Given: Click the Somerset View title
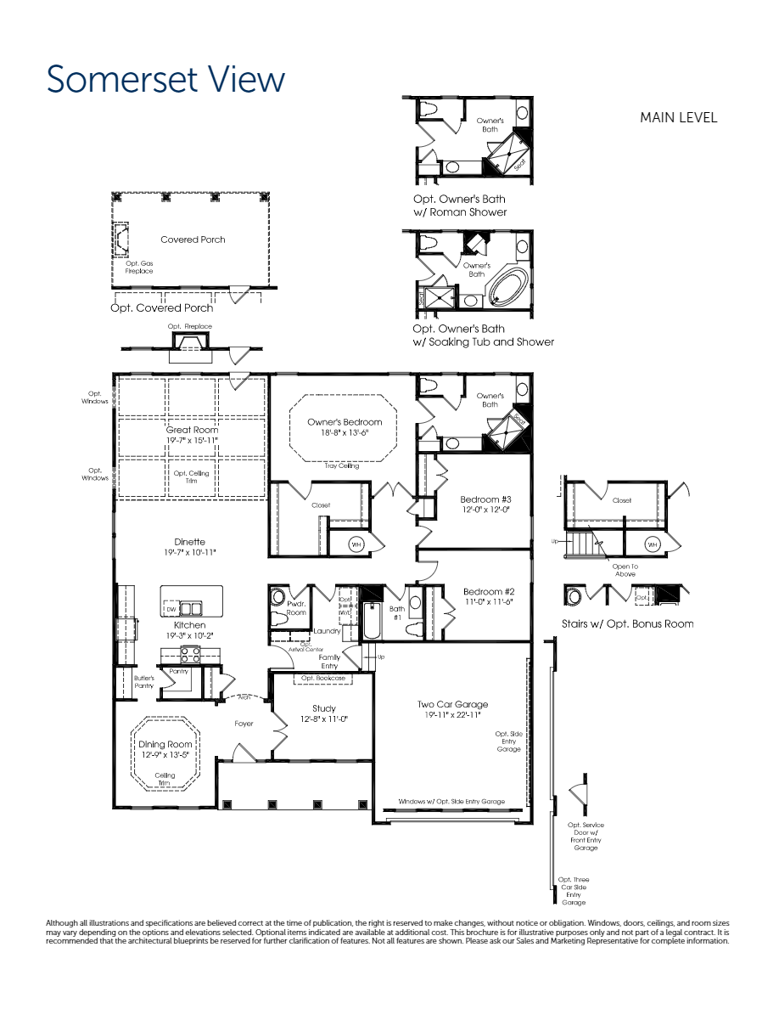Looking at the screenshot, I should click(165, 80).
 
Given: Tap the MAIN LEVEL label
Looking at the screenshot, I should click(678, 118).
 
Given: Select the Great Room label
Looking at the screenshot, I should click(192, 430).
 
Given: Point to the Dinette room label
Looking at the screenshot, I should click(190, 542).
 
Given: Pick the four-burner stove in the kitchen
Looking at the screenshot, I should click(189, 654).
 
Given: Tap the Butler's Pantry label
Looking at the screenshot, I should click(143, 682).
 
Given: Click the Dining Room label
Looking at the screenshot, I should click(165, 744).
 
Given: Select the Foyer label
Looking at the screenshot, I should click(244, 724).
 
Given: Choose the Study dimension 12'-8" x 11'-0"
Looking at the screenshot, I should click(323, 719).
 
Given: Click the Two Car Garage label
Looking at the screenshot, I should click(452, 704).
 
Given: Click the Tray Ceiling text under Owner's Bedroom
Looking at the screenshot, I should click(342, 465).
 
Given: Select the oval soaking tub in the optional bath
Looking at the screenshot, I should click(507, 288).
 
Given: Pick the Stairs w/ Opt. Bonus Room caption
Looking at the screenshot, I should click(627, 623).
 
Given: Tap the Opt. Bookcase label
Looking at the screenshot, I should click(323, 679).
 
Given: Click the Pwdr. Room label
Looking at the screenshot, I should click(296, 607).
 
